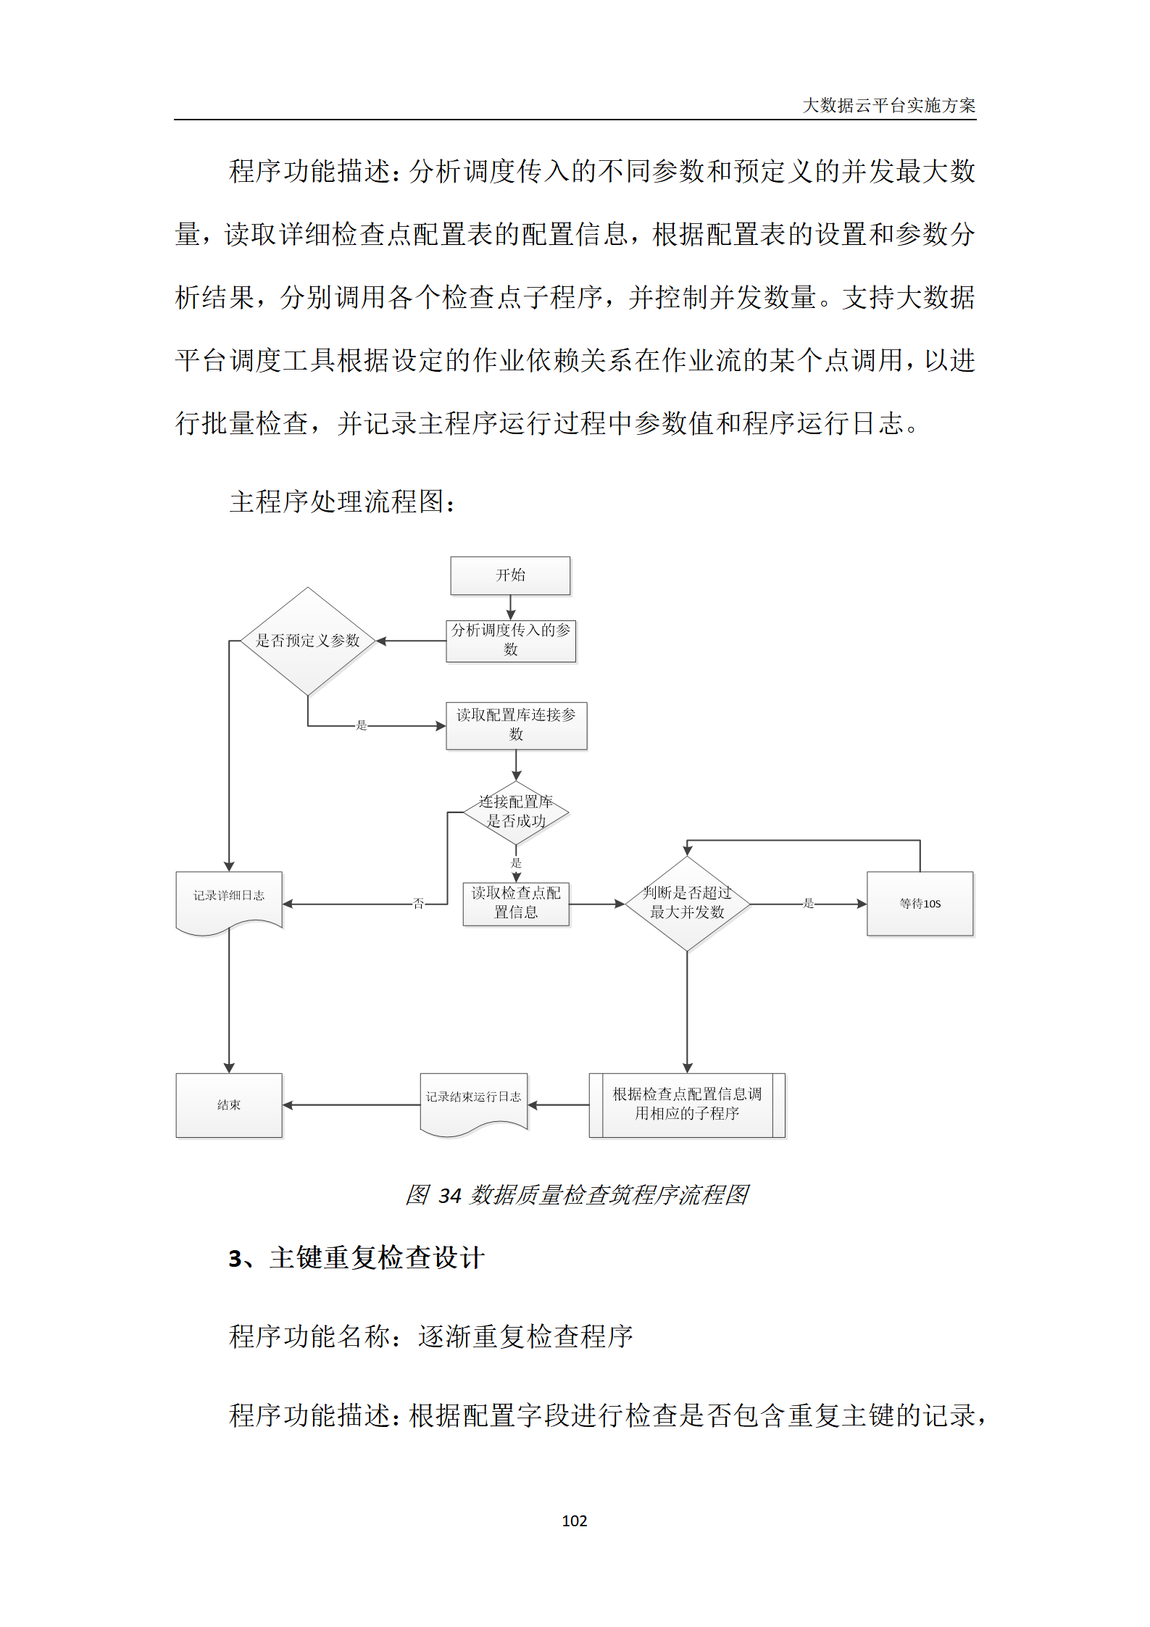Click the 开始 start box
(x=510, y=575)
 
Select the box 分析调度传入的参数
(x=511, y=641)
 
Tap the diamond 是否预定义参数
(x=308, y=641)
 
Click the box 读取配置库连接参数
(x=516, y=725)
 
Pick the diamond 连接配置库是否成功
(x=516, y=812)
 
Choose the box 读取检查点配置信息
(x=516, y=903)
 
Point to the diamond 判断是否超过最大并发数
(x=687, y=903)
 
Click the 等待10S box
(x=920, y=903)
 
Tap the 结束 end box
(x=229, y=1105)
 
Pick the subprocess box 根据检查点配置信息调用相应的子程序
(x=687, y=1104)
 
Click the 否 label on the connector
(x=418, y=903)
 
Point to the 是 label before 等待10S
(x=809, y=903)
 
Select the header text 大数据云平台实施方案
(x=888, y=106)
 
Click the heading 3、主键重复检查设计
(x=357, y=1258)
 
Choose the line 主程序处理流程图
(x=342, y=502)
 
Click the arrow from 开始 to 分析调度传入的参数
(x=511, y=607)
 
